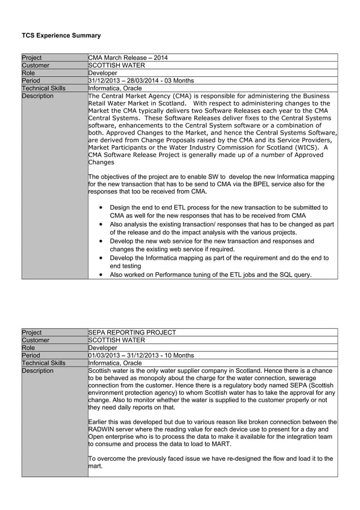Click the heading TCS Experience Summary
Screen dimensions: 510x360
click(61, 36)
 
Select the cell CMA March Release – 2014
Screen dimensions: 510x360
click(128, 58)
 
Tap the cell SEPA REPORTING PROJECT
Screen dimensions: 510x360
click(132, 333)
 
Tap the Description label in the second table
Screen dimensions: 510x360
click(38, 370)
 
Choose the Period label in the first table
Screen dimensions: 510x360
click(31, 81)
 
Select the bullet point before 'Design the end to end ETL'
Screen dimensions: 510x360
click(100, 208)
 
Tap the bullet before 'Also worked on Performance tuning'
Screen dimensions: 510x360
click(100, 275)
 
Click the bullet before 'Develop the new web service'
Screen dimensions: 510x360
click(100, 241)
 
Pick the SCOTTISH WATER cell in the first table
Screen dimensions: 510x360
click(117, 66)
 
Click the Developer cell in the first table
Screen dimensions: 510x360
click(103, 73)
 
